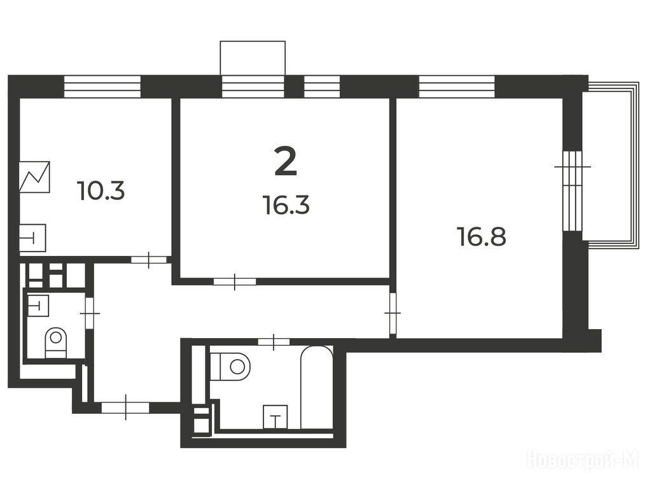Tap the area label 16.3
coord(286,205)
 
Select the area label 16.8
coord(482,237)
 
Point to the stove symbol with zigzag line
coord(34,177)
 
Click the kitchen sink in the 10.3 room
coord(32,238)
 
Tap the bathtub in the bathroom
coord(316,387)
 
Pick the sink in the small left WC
coord(38,306)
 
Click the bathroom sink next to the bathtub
coord(275,416)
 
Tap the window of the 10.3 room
coord(102,87)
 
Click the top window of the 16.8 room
coord(457,87)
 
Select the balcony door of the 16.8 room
coord(573,190)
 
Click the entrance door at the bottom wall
coord(125,407)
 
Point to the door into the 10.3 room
coord(149,260)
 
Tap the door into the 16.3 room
coord(234,281)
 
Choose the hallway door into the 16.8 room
coord(393,313)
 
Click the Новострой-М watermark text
coord(583,460)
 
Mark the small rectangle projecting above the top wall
coord(253,58)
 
